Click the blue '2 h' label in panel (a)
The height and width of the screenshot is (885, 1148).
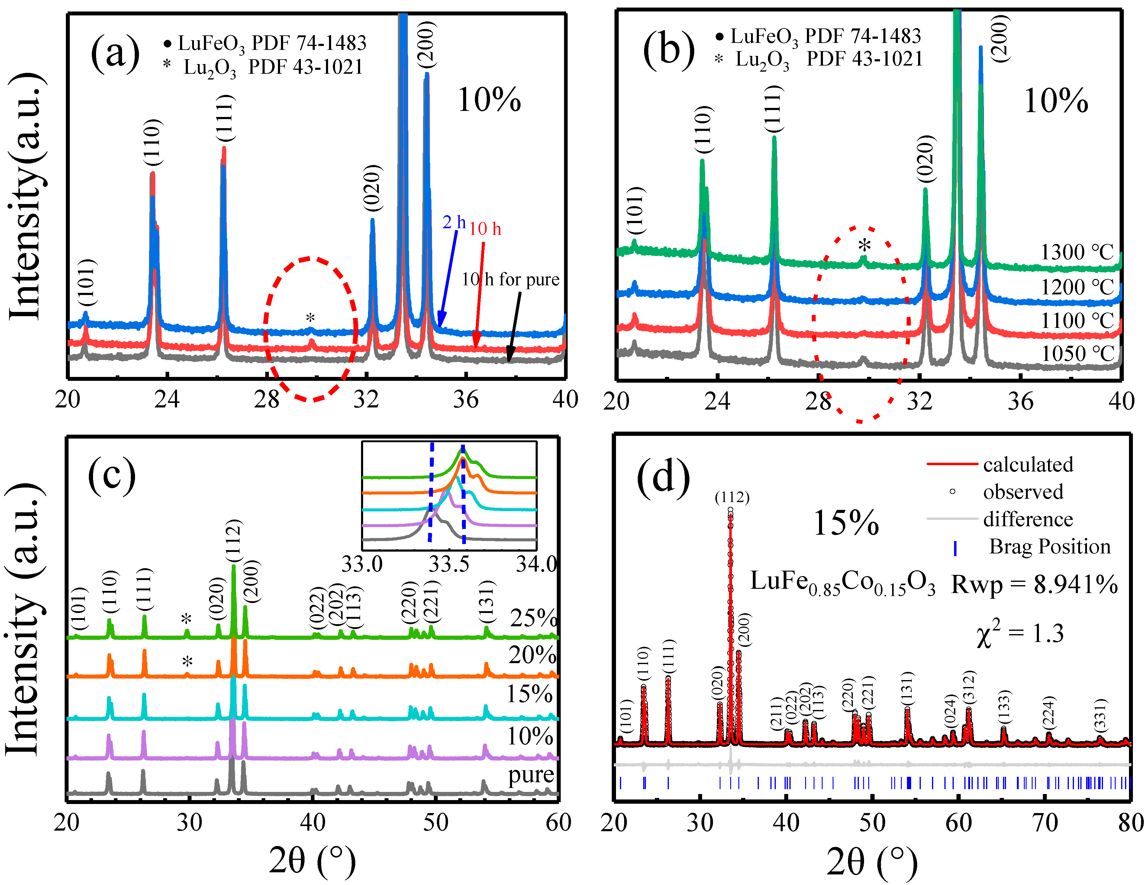coord(454,222)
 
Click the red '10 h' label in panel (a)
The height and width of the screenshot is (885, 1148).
coord(485,229)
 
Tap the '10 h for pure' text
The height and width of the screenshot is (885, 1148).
coord(510,279)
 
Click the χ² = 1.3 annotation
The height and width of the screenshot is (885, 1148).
coord(1020,634)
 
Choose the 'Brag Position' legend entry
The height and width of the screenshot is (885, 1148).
coord(1049,547)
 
